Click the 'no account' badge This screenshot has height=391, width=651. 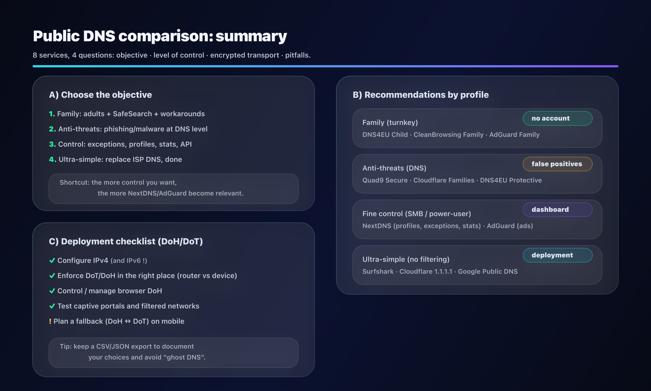[557, 118]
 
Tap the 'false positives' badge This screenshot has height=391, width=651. [557, 164]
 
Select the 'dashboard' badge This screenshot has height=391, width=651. [557, 209]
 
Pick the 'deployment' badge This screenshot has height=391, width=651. [557, 255]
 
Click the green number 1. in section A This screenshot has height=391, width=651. [52, 114]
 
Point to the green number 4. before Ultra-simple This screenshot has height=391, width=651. [53, 160]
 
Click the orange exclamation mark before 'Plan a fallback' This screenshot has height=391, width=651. [50, 321]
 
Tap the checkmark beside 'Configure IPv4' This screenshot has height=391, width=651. [52, 260]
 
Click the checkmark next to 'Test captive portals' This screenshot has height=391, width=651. [52, 306]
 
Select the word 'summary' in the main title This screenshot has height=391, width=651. [251, 36]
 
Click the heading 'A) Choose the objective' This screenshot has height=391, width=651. [100, 95]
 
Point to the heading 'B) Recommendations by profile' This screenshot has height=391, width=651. [421, 95]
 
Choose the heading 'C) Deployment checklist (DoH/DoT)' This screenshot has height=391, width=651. [126, 241]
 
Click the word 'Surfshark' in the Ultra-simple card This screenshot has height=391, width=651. [378, 272]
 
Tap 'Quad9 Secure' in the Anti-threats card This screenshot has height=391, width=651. [385, 180]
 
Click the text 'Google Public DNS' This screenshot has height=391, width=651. [488, 272]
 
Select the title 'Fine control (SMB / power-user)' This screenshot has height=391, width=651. [417, 214]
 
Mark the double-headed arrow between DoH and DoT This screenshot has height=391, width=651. [128, 321]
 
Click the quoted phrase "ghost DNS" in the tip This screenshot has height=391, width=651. [185, 357]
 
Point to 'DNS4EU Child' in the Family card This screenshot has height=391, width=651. [385, 135]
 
